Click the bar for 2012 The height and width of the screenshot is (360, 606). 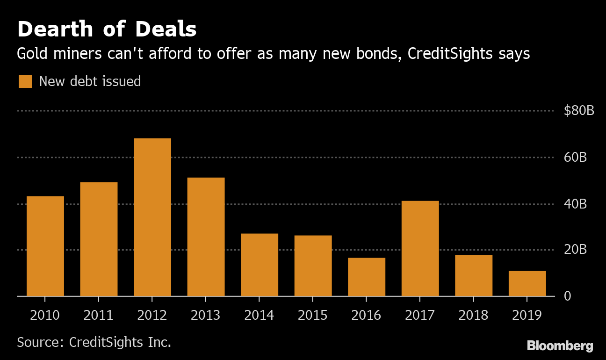tap(152, 217)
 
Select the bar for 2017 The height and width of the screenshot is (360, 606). tap(420, 249)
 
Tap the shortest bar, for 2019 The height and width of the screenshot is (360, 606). tap(527, 283)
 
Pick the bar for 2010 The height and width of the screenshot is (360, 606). tap(45, 246)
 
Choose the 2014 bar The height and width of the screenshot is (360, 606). tap(260, 265)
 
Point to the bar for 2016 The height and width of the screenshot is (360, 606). tap(367, 277)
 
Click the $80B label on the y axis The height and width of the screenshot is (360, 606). tap(579, 111)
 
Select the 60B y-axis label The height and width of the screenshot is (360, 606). tap(575, 158)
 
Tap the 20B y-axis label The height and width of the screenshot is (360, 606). tap(575, 250)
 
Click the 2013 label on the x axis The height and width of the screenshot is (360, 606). tap(206, 316)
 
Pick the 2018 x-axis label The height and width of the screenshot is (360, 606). tap(473, 316)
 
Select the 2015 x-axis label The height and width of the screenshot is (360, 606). tap(313, 316)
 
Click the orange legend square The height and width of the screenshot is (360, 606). tap(25, 81)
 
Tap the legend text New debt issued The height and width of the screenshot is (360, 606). tap(90, 81)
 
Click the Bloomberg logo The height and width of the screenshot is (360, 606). tap(560, 346)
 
